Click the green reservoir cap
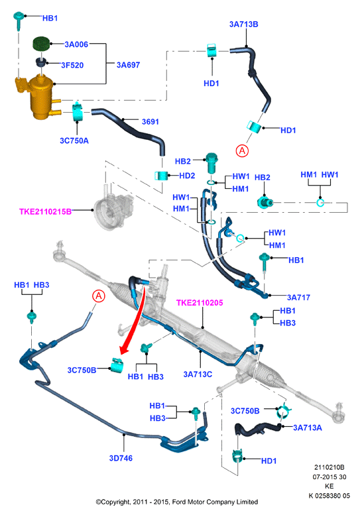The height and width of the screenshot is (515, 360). coord(41,44)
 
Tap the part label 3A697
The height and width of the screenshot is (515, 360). coord(128,65)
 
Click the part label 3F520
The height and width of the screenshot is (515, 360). coord(72,66)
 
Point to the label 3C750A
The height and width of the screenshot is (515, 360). coord(74,141)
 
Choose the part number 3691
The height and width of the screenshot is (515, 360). coord(150,122)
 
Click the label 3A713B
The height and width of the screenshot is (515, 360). coord(244,25)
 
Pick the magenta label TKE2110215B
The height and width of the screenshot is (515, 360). coord(45,211)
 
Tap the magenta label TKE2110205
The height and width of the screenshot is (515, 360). coord(200,302)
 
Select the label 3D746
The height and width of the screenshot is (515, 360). coord(121,458)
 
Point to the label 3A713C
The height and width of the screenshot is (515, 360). coord(198,374)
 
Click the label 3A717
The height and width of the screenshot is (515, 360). coord(298,298)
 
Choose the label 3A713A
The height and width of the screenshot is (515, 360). coord(308,428)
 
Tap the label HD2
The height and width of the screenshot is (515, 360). coord(187,176)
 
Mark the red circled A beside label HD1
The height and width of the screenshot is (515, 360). coord(242,150)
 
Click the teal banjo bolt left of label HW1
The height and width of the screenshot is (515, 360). coord(211,162)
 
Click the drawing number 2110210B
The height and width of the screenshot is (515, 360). coord(329,467)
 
